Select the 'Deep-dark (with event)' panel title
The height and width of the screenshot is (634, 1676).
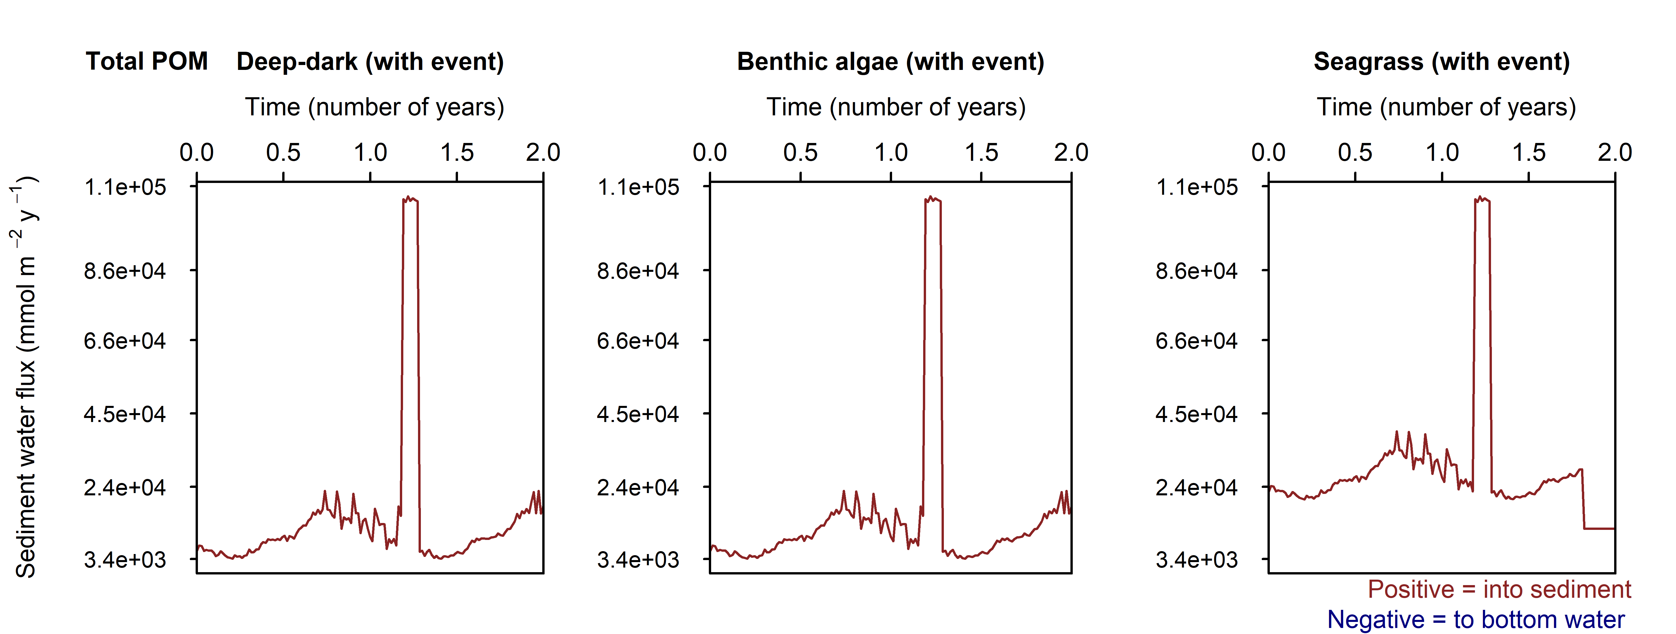(x=370, y=62)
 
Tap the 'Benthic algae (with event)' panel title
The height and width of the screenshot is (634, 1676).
(x=890, y=62)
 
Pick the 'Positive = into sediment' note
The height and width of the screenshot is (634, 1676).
(x=1499, y=590)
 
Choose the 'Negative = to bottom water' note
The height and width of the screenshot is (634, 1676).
(x=1475, y=620)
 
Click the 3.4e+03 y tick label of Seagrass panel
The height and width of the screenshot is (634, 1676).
(x=1196, y=560)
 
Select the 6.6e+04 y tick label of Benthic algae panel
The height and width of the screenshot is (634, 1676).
(x=637, y=341)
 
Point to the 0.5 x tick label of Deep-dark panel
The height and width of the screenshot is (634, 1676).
(x=283, y=153)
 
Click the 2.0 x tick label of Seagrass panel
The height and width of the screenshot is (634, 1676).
(x=1614, y=153)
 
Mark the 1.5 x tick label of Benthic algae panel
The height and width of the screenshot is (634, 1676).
(x=981, y=153)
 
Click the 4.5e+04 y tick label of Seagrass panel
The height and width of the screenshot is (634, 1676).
(x=1196, y=414)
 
